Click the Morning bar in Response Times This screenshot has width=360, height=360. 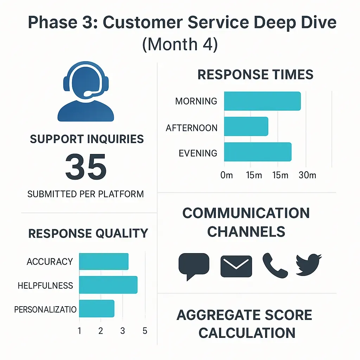pyautogui.click(x=262, y=101)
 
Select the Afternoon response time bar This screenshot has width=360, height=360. pyautogui.click(x=246, y=127)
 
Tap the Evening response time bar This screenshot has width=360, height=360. pyautogui.click(x=258, y=152)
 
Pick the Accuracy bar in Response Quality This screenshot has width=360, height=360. pyautogui.click(x=104, y=261)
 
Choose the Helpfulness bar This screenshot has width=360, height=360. pyautogui.click(x=108, y=285)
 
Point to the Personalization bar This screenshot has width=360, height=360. pyautogui.click(x=97, y=308)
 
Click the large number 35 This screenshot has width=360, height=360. pyautogui.click(x=86, y=167)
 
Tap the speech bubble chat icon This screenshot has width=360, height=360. pyautogui.click(x=194, y=265)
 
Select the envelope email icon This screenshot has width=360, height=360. pyautogui.click(x=236, y=266)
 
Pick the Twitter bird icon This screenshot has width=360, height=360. pyautogui.click(x=309, y=264)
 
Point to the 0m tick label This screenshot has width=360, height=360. pyautogui.click(x=226, y=175)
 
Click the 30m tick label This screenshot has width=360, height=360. pyautogui.click(x=307, y=175)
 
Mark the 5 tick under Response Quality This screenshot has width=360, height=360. pyautogui.click(x=145, y=331)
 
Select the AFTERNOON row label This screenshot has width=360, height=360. pyautogui.click(x=192, y=128)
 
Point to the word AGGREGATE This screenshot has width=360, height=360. pyautogui.click(x=218, y=315)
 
